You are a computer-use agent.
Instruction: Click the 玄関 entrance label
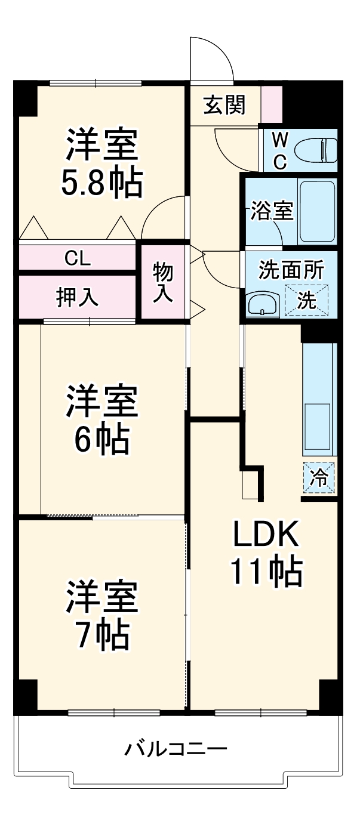point(224,106)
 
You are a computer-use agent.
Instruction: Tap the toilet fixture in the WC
point(325,150)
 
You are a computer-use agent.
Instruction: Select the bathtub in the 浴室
point(316,211)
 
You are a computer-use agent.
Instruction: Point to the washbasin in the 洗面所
point(261,305)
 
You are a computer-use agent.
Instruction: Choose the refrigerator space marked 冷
point(319,478)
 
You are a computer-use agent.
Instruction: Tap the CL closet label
point(78,258)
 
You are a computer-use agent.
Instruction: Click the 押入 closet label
point(78,297)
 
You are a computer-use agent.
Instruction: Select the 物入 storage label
point(163,282)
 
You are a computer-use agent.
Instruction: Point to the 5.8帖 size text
point(102,183)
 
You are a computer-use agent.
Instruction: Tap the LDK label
point(265,535)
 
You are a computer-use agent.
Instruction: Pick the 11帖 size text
point(265,572)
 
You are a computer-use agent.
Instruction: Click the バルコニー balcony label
point(176,748)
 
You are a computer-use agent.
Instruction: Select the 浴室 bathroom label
point(272,212)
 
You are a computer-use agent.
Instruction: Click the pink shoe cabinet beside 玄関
point(272,105)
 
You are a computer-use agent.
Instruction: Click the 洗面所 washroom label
point(291,270)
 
